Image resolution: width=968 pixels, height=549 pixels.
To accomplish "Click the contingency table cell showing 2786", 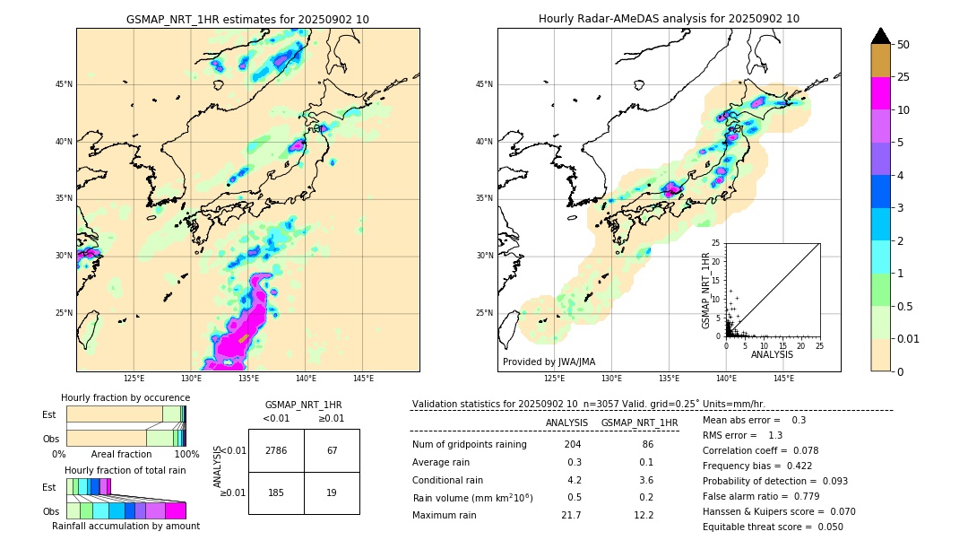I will [276, 450].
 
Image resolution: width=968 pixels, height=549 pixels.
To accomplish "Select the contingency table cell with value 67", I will [332, 450].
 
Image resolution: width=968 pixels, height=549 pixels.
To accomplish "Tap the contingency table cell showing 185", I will [276, 492].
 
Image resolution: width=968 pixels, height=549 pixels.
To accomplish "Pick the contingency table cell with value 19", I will [332, 492].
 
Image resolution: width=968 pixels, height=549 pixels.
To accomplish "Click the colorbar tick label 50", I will [903, 45].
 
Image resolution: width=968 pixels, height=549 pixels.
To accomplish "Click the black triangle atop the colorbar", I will [881, 36].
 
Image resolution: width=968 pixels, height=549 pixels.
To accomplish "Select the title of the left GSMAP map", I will [247, 19].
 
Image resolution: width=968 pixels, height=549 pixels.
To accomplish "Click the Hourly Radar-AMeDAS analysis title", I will [669, 19].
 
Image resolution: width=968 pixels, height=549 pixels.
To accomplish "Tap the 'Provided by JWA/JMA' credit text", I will [549, 362].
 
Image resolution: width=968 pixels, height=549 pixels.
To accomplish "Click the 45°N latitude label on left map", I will [64, 84].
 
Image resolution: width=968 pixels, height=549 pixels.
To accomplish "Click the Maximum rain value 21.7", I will [571, 515].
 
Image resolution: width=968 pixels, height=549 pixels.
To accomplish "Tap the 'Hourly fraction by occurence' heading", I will [125, 397].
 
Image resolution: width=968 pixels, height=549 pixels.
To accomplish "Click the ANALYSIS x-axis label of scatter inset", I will [772, 354].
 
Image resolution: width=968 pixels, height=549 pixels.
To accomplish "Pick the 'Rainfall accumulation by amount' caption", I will [133, 526].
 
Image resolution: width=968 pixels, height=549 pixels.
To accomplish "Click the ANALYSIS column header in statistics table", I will [566, 423].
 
